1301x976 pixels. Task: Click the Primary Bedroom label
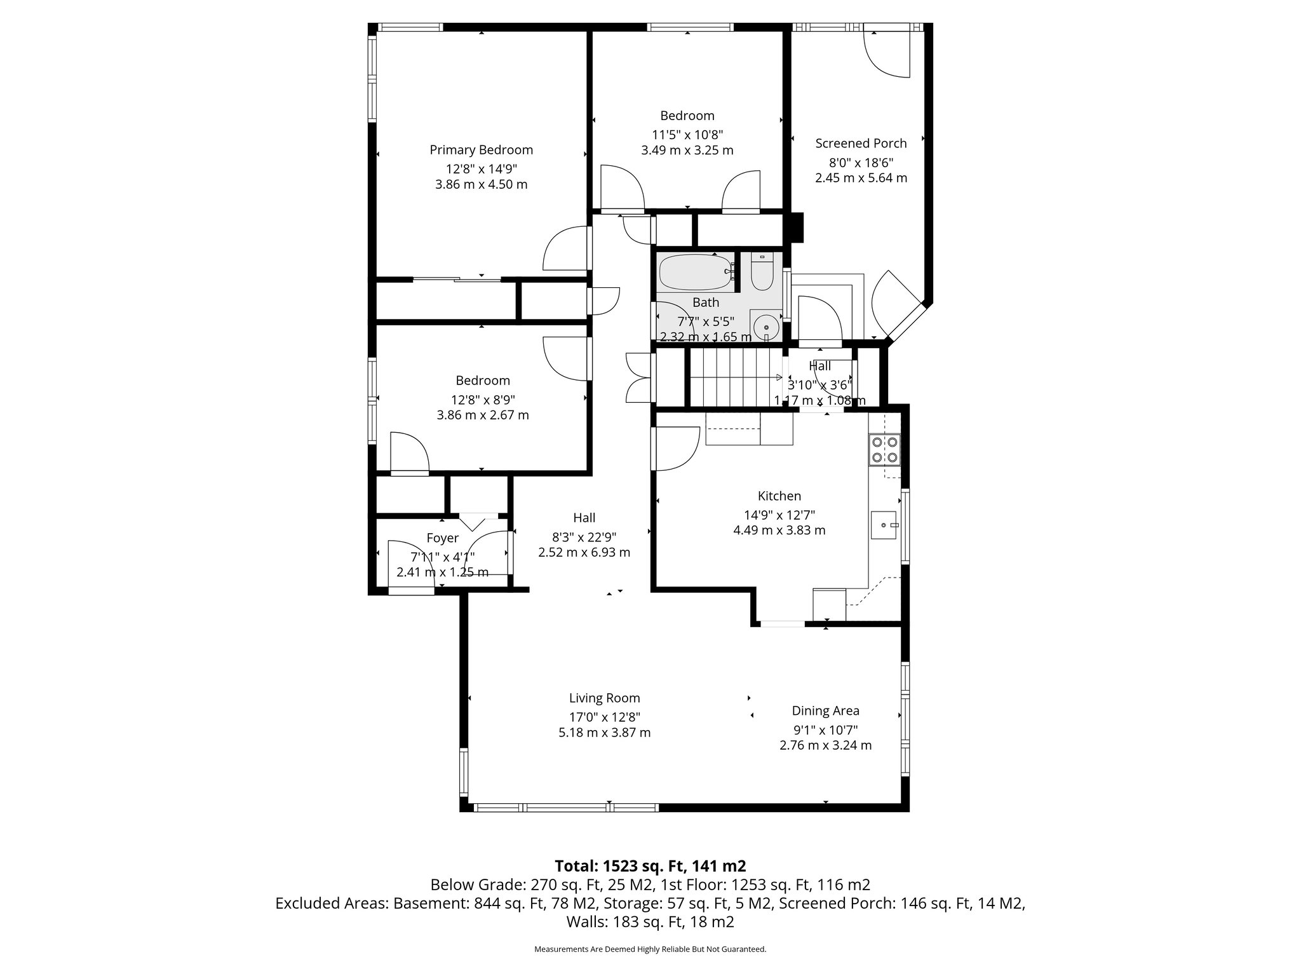point(481,150)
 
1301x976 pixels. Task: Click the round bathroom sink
point(767,326)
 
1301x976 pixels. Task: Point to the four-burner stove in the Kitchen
point(884,449)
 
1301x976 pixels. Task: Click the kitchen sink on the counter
point(884,525)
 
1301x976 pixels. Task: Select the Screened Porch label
point(861,144)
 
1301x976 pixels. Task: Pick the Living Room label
point(604,698)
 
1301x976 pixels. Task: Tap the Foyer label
point(442,538)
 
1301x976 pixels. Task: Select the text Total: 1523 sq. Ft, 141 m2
point(650,865)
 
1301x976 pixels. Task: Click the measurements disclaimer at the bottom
point(650,949)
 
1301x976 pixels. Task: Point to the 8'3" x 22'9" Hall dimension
point(584,536)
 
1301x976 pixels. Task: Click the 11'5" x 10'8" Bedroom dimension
point(687,134)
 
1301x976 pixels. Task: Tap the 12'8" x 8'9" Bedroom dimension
point(482,399)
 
